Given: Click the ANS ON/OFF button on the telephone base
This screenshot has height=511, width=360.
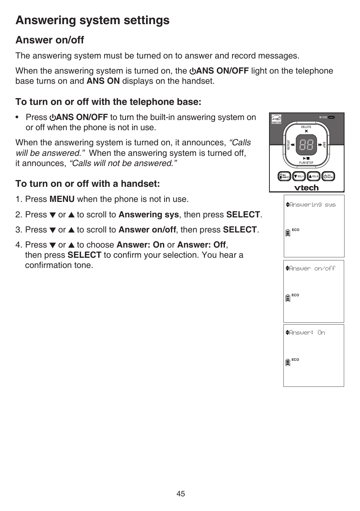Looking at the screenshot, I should [x=329, y=176].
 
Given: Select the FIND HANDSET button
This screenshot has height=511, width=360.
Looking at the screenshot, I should [x=284, y=176].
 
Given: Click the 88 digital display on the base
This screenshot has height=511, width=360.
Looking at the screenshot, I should [x=306, y=145].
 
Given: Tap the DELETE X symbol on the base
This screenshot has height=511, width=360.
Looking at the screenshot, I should [x=306, y=131].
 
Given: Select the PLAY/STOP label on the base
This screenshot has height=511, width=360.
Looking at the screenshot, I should [x=306, y=163].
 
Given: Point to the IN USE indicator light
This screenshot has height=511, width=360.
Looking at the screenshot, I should [x=331, y=117].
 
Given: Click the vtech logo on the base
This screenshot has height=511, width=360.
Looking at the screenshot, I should [x=306, y=188].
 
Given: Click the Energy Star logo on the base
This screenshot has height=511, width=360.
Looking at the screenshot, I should [x=276, y=119].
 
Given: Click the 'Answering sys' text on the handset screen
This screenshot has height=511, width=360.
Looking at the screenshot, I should [x=312, y=205].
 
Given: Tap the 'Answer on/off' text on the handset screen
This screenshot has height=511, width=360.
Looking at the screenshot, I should [x=312, y=268].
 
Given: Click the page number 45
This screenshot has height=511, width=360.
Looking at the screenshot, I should [x=180, y=494].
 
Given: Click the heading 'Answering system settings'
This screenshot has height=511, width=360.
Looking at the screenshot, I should [x=92, y=20].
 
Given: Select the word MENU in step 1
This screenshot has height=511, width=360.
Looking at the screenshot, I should [x=62, y=199].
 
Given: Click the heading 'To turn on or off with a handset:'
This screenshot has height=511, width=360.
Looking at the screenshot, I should [x=88, y=184].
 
